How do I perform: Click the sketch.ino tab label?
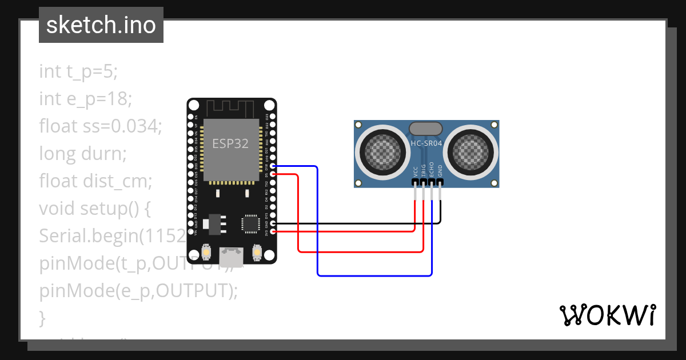pos(101,25)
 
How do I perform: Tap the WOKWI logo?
pos(607,315)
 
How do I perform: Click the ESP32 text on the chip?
pos(230,143)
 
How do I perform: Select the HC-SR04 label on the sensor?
pos(426,143)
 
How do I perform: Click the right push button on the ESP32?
pos(257,251)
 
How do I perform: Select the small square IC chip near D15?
pos(250,223)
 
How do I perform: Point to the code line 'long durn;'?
pos(82,153)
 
